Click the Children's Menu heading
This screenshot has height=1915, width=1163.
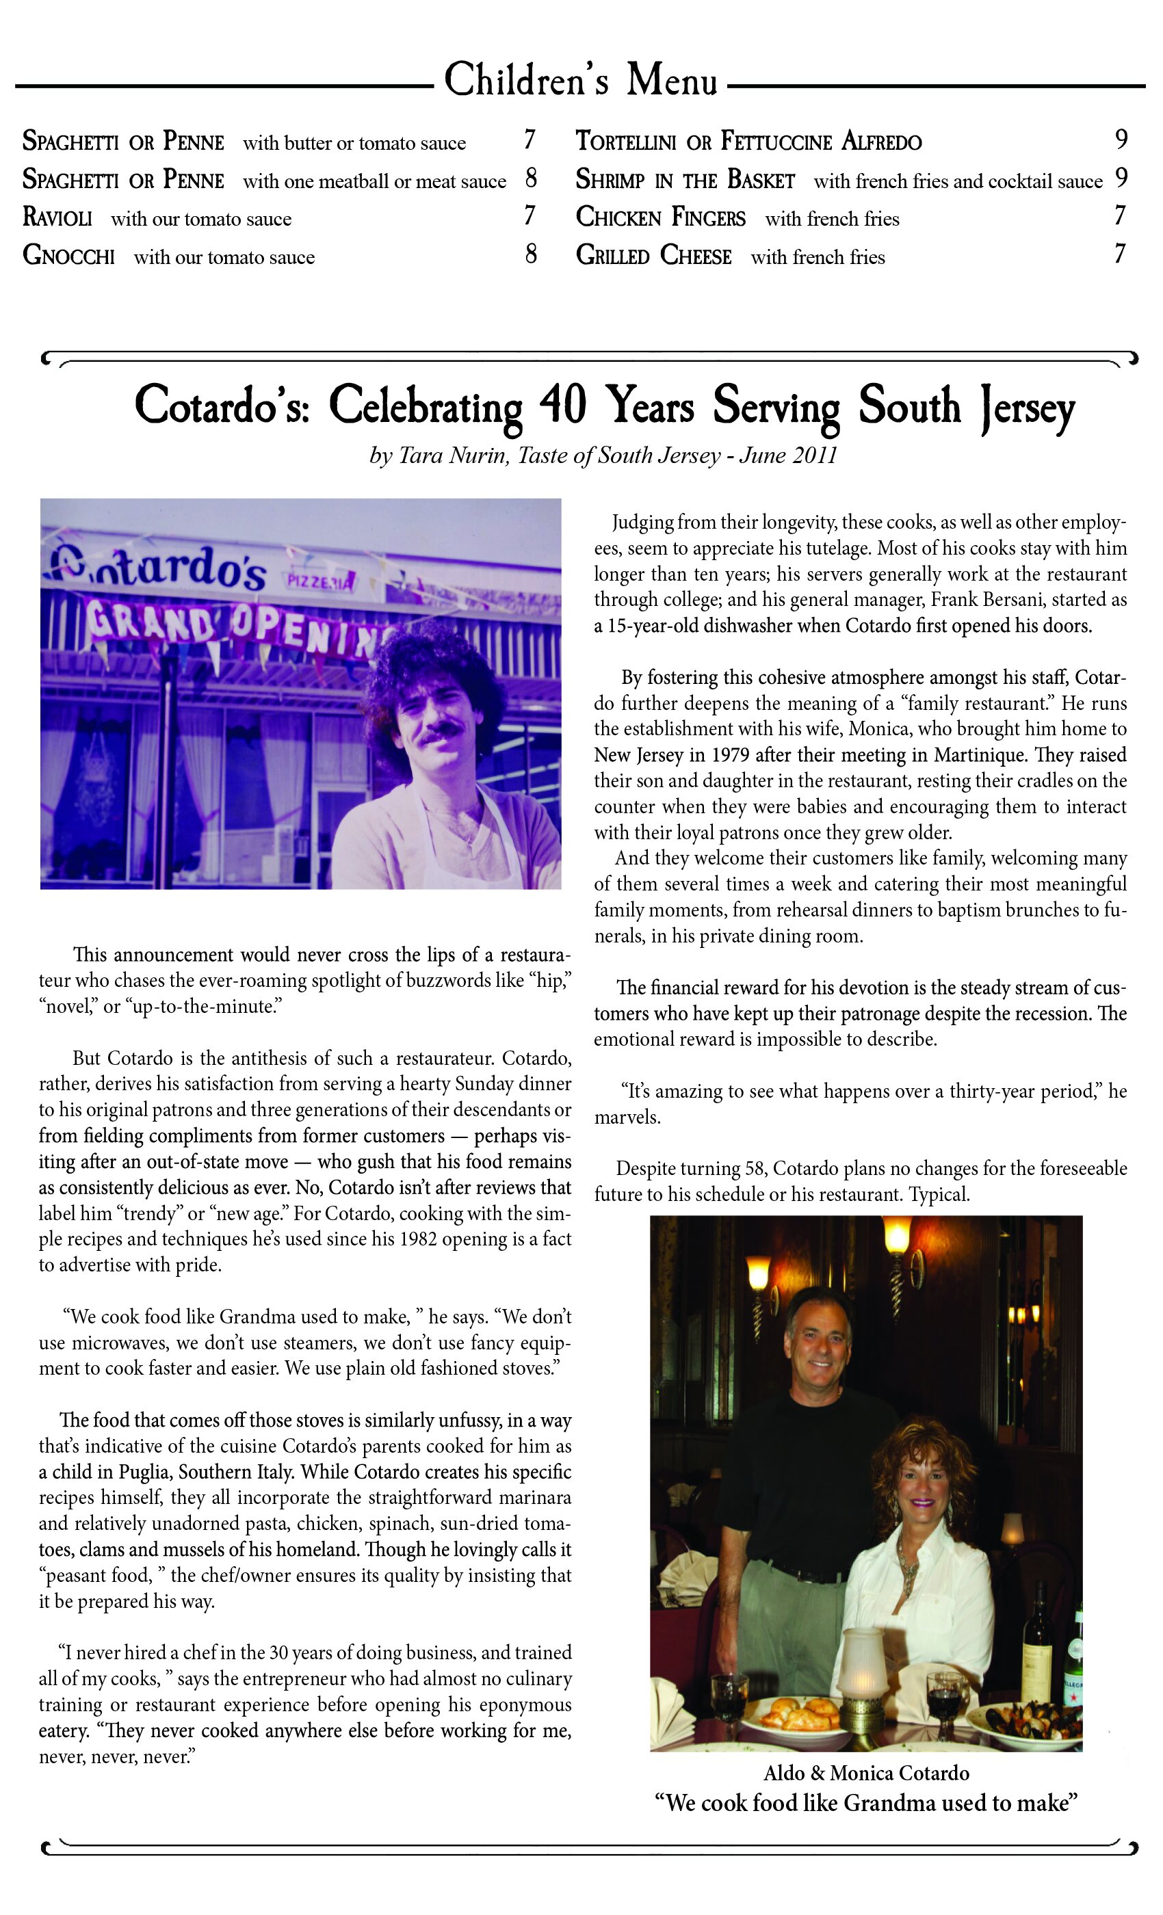(580, 81)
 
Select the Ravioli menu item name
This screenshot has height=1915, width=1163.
(57, 217)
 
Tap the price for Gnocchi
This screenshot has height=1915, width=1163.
(531, 254)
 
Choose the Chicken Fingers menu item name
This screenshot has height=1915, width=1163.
(660, 217)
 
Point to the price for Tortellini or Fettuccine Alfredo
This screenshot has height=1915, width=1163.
(1121, 140)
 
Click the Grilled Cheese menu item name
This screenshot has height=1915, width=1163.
(653, 256)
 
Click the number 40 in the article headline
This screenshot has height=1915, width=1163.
(562, 405)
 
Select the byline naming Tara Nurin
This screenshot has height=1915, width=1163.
(603, 455)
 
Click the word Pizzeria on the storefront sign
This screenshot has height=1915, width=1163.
(320, 581)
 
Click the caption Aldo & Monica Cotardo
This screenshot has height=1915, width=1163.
(866, 1773)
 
